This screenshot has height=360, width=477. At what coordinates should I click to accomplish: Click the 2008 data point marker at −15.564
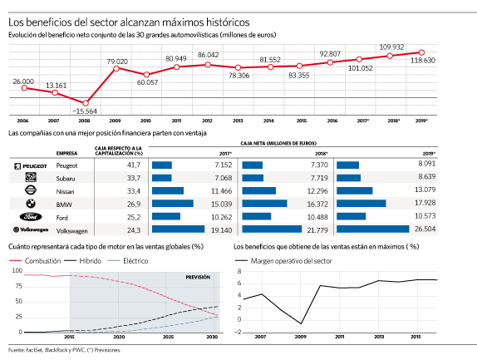coord(86,103)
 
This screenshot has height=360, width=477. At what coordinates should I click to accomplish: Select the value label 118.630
coord(423,60)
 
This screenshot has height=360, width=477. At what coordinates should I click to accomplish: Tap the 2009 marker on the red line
coord(116,68)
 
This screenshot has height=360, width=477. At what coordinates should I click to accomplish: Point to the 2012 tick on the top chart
coord(207,121)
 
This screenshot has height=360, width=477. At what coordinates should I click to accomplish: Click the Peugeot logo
coord(31,166)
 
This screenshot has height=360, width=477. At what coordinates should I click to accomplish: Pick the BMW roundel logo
coord(31,204)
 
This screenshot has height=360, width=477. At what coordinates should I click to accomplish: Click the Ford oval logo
coord(31,217)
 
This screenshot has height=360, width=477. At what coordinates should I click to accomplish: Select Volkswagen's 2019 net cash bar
coord(373,229)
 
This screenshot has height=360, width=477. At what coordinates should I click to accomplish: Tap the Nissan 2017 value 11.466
coord(221,191)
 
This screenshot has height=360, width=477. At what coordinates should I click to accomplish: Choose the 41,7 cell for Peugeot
coord(134,165)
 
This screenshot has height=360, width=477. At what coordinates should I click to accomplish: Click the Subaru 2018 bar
coord(253,178)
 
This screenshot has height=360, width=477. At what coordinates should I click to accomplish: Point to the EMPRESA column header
coord(66,153)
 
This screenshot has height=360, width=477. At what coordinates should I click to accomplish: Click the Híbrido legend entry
coord(83,261)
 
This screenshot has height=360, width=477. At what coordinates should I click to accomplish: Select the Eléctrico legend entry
coord(128,261)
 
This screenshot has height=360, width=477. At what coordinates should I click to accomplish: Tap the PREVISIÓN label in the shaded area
coord(198,277)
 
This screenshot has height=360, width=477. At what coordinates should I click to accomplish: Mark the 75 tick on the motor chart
coord(19,286)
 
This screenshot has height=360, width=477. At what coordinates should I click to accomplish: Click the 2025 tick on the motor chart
coord(168,337)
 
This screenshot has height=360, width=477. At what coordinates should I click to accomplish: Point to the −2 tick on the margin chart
coord(238,333)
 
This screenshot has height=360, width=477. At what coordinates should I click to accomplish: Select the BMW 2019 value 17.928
coord(425,203)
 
